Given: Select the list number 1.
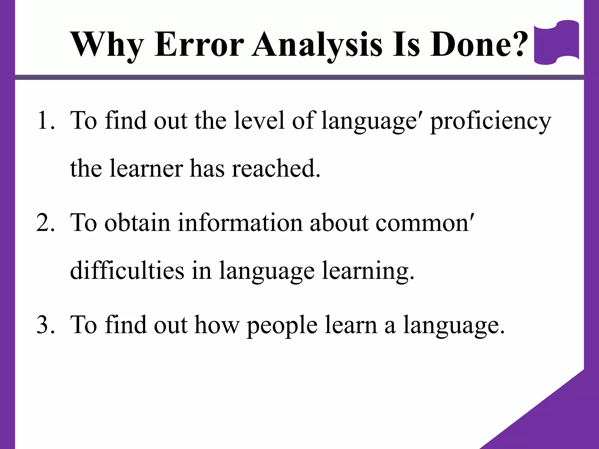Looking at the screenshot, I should [x=45, y=120].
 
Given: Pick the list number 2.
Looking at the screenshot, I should [x=45, y=223].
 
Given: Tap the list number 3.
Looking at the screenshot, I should [x=45, y=325].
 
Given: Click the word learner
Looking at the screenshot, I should [x=146, y=169].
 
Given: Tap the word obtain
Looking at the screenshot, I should [x=137, y=223].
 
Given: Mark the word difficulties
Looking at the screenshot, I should [x=127, y=270].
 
